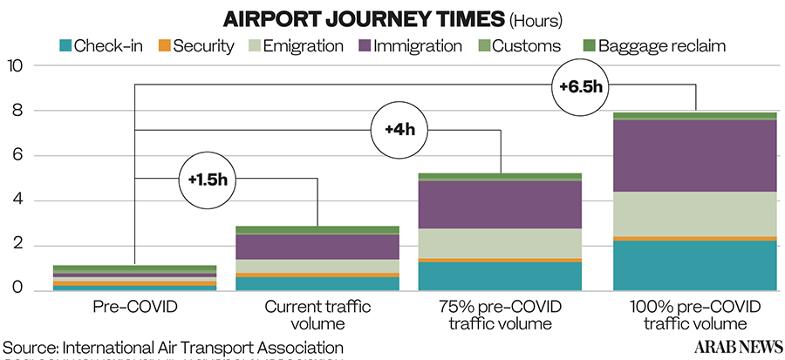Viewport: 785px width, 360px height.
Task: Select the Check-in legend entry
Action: click(x=95, y=45)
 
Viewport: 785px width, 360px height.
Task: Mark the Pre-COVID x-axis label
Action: click(x=134, y=307)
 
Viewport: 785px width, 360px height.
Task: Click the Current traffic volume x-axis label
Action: click(x=317, y=316)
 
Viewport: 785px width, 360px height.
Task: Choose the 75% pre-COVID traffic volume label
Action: click(x=500, y=316)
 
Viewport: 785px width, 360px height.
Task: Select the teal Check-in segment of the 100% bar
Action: click(x=695, y=265)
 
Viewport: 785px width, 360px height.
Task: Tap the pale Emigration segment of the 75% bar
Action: click(x=500, y=242)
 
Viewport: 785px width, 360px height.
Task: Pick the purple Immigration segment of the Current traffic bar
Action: click(x=317, y=247)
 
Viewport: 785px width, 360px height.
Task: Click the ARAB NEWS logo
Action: click(x=738, y=347)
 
